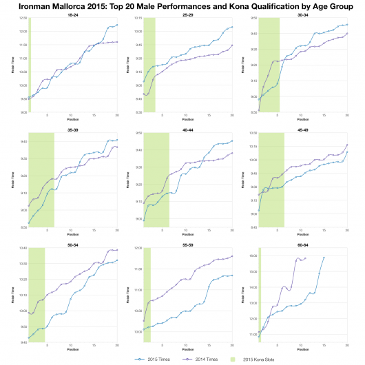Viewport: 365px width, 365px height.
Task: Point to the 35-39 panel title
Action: tap(72, 128)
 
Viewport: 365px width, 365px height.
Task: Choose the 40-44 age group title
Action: tap(187, 128)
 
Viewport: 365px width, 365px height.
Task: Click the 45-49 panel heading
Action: tap(302, 128)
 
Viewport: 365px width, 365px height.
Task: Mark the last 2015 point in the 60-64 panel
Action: tap(324, 257)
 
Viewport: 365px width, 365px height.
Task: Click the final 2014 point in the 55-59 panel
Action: tap(232, 256)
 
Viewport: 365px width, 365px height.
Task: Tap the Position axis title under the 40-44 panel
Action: tap(187, 232)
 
